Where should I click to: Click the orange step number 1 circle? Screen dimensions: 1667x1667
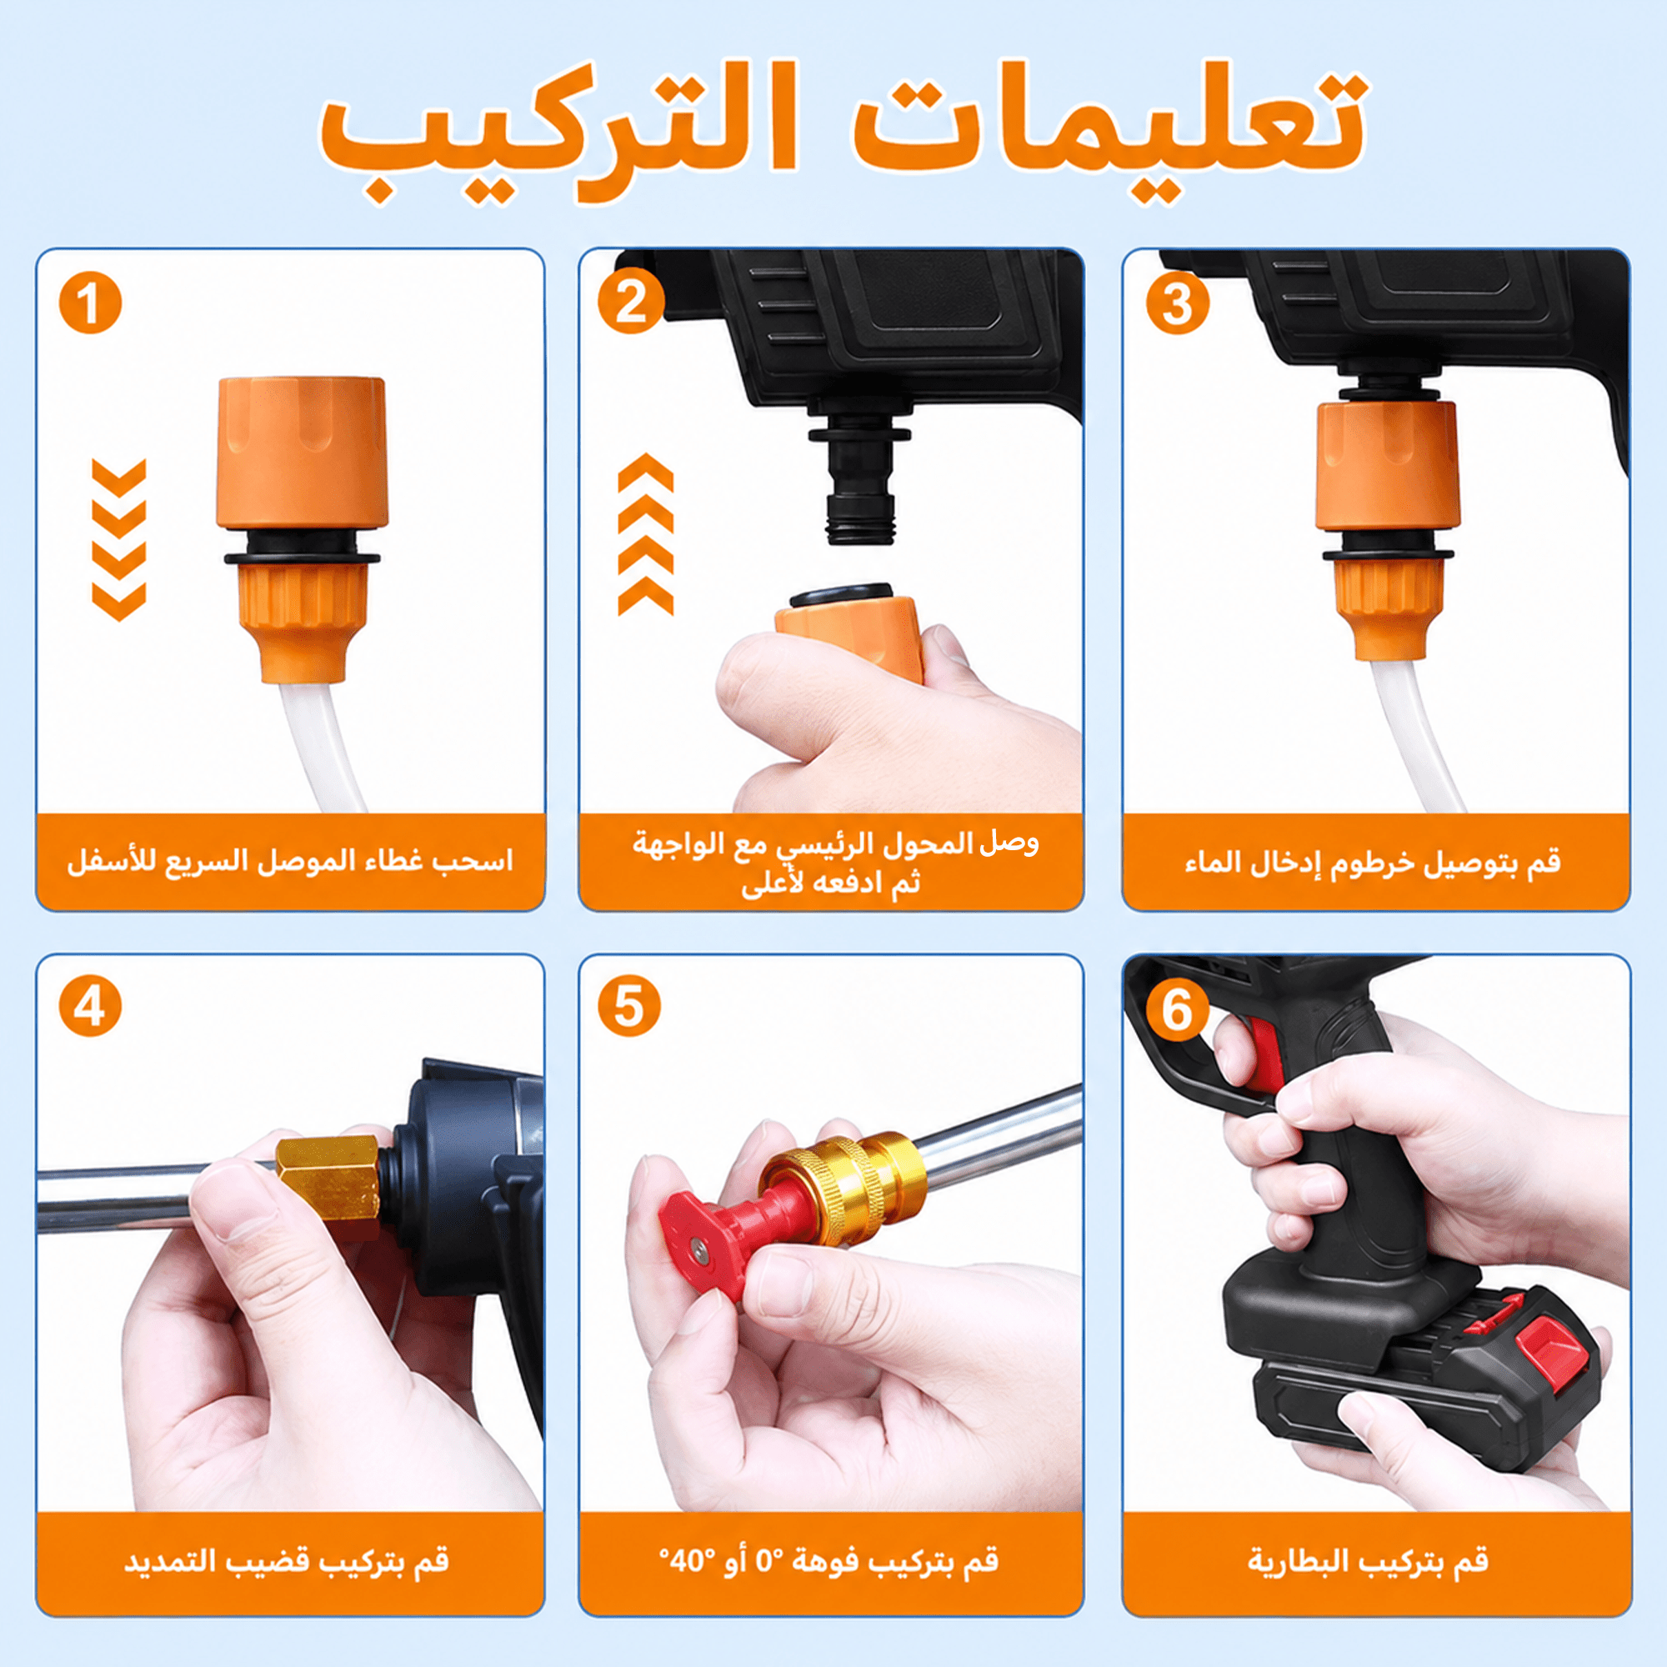click(x=91, y=303)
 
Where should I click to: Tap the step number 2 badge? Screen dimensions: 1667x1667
click(x=631, y=303)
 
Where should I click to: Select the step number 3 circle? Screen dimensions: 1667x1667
click(x=1178, y=303)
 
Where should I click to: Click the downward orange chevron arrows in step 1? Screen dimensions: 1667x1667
click(x=119, y=539)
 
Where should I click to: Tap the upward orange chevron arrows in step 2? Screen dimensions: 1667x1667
click(x=645, y=534)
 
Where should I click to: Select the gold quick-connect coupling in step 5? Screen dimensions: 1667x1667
click(x=841, y=1186)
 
